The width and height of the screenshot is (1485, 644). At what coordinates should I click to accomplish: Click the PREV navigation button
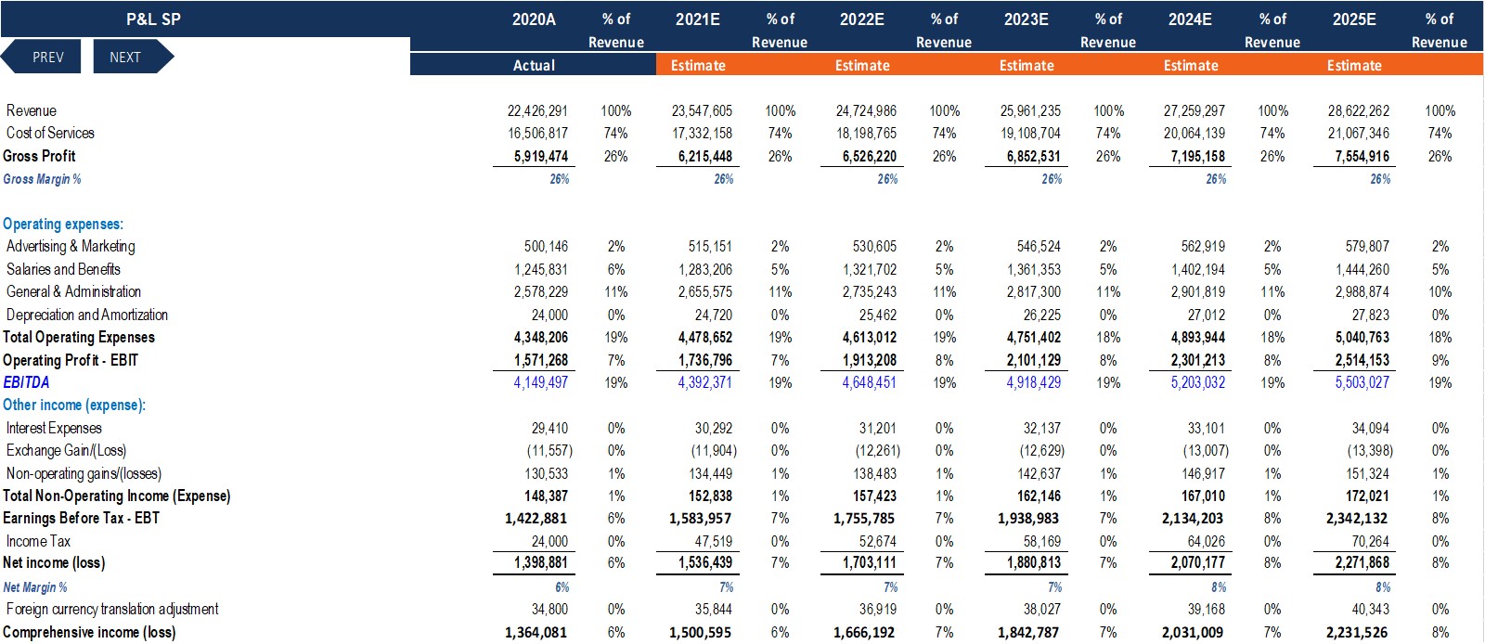pos(41,57)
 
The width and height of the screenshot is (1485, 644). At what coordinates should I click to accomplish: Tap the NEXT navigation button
pos(133,57)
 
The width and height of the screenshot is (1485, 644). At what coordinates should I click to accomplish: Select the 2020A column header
pos(534,19)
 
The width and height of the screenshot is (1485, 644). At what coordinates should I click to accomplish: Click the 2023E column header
pos(1026,19)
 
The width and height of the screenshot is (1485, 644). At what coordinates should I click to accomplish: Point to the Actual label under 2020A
pos(534,66)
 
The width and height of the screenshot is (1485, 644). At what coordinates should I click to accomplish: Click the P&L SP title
pos(153,19)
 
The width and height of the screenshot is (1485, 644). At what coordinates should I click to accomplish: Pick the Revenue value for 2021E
pos(702,110)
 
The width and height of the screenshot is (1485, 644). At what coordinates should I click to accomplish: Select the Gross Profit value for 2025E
pos(1359,157)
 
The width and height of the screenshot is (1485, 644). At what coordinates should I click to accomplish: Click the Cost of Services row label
pos(50,133)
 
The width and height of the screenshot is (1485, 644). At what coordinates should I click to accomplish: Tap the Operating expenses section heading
pos(63,224)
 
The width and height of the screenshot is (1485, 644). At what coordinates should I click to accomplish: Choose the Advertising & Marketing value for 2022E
pos(874,247)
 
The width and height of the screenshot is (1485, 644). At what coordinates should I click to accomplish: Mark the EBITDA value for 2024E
pos(1197,382)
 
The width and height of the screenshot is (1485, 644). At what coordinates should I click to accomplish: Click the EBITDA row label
pos(27,382)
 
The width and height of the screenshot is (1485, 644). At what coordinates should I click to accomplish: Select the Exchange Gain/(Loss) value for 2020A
pos(549,451)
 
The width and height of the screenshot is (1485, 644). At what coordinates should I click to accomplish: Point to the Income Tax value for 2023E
pos(1042,541)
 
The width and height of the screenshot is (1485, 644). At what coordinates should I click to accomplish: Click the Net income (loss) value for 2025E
pos(1359,562)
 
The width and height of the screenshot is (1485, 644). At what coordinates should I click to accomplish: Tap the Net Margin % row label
pos(35,587)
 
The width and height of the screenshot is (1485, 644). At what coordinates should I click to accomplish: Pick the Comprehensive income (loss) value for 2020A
pos(536,632)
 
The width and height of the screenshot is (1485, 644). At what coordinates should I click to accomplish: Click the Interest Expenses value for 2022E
pos(878,428)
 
